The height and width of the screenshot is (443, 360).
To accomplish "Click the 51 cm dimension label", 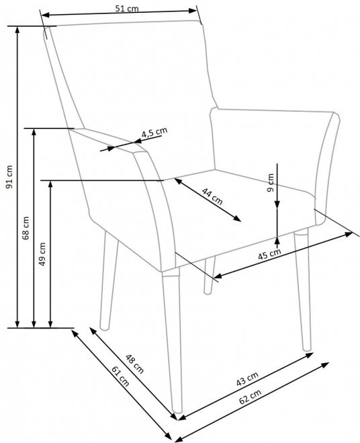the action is (x=127, y=9).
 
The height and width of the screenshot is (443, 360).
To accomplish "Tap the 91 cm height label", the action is (x=9, y=177).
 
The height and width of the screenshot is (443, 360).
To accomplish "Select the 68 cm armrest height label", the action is (x=26, y=228).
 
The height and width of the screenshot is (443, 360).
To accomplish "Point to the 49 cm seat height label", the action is (x=42, y=254).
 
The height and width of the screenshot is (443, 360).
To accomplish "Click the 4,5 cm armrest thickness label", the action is (x=154, y=132).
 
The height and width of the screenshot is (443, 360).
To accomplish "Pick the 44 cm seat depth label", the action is (x=212, y=196).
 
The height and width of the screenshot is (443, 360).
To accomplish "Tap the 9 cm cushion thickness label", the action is (x=271, y=183).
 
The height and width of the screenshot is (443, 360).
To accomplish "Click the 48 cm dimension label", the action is (x=135, y=364).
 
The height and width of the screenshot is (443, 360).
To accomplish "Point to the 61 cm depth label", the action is (x=121, y=376).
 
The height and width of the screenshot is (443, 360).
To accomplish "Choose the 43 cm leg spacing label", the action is (x=247, y=378).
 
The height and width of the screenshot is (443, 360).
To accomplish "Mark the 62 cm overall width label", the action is (x=250, y=397).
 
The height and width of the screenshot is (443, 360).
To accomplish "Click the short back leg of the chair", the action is (x=210, y=276).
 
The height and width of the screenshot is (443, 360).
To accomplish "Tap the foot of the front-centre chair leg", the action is (x=177, y=411).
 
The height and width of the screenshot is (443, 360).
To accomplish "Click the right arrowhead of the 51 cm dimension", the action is (x=193, y=11).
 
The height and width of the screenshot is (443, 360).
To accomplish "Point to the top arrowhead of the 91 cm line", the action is (x=17, y=30).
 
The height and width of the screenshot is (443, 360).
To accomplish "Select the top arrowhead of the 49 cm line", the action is (x=50, y=184).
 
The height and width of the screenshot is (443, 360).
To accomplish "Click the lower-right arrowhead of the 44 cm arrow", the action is (x=237, y=218).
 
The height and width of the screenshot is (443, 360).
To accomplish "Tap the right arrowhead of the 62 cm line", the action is (x=326, y=365).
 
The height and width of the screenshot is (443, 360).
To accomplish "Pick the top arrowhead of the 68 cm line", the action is (x=34, y=133).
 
